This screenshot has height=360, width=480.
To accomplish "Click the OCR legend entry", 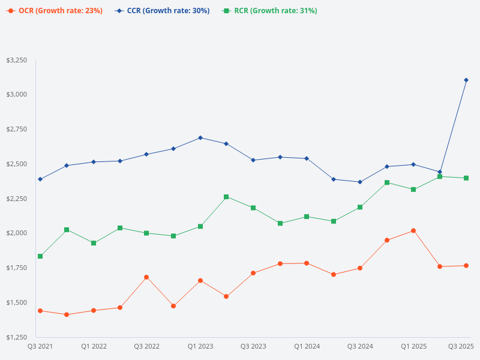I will pyautogui.click(x=55, y=11).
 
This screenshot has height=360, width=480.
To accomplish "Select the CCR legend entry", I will pyautogui.click(x=162, y=11).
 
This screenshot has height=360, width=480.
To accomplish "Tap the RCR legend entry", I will pyautogui.click(x=269, y=11).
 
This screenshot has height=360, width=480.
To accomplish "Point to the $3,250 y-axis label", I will pyautogui.click(x=16, y=61).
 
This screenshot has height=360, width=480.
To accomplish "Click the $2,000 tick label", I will pyautogui.click(x=16, y=233).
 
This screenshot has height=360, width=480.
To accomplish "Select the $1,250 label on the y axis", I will pyautogui.click(x=16, y=337).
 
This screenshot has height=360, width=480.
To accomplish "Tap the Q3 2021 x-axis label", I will pyautogui.click(x=40, y=346).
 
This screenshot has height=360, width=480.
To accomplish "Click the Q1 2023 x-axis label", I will pyautogui.click(x=200, y=346).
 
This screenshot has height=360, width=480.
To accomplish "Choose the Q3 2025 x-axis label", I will pyautogui.click(x=461, y=346).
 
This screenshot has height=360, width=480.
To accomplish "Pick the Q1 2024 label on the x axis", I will pyautogui.click(x=307, y=346).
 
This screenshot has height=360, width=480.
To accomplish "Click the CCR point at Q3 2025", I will pyautogui.click(x=466, y=80).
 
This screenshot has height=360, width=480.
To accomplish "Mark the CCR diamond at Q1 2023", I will pyautogui.click(x=200, y=138).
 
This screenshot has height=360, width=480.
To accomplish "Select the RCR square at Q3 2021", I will pyautogui.click(x=40, y=256).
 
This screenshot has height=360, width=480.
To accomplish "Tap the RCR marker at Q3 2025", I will pyautogui.click(x=466, y=178).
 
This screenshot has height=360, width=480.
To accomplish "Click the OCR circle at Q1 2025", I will pyautogui.click(x=413, y=230).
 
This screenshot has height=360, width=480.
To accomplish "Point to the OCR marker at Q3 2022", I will pyautogui.click(x=146, y=277).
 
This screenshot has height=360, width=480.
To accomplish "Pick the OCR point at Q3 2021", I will pyautogui.click(x=40, y=311).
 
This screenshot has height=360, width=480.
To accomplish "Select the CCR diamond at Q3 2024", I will pyautogui.click(x=360, y=182).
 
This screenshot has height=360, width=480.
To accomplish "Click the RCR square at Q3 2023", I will pyautogui.click(x=253, y=208).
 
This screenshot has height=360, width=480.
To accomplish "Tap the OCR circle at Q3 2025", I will pyautogui.click(x=466, y=266).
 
